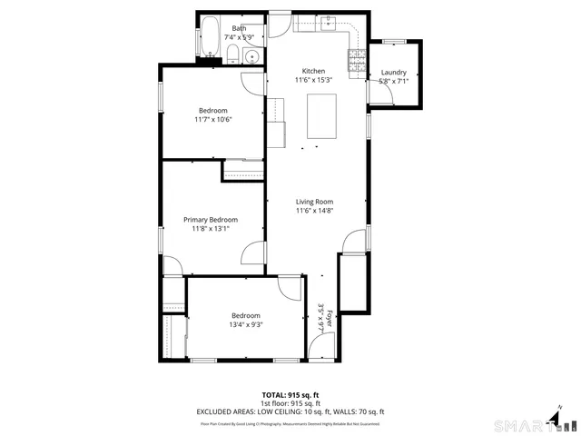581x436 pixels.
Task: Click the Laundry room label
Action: tap(393, 72)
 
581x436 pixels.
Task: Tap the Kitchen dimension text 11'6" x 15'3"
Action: tap(313, 80)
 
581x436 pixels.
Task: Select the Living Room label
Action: tap(314, 202)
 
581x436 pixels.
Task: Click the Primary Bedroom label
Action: tap(211, 219)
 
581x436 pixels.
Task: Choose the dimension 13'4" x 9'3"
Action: tap(245, 324)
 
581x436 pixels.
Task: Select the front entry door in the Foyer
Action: tap(320, 346)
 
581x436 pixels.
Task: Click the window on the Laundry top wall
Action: tap(394, 42)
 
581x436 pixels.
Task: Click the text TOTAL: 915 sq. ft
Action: tap(290, 394)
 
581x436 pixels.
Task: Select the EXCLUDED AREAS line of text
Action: tap(290, 411)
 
